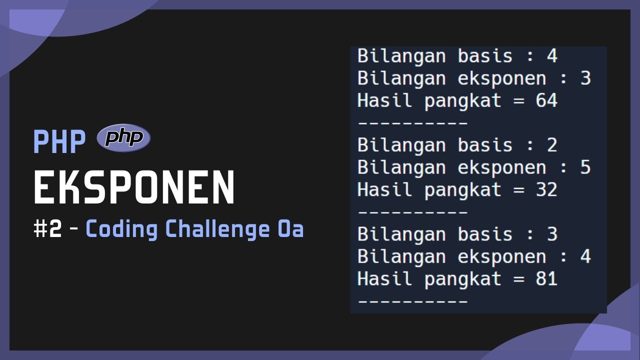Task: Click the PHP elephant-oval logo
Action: tap(123, 137)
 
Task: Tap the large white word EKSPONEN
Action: tap(134, 187)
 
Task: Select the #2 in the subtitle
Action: tap(48, 229)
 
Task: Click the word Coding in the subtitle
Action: tap(121, 229)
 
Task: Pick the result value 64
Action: tap(546, 100)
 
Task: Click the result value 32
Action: tap(546, 190)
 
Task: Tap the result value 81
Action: tap(546, 279)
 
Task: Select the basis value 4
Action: tap(551, 56)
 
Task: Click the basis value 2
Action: tap(551, 145)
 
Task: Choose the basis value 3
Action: tap(551, 234)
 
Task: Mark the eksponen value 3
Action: tap(585, 78)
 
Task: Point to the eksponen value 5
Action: tap(585, 167)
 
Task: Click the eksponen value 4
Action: tap(585, 257)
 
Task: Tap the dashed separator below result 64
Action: tap(412, 122)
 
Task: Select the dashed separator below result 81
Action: tap(412, 301)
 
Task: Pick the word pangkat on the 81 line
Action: tap(463, 279)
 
